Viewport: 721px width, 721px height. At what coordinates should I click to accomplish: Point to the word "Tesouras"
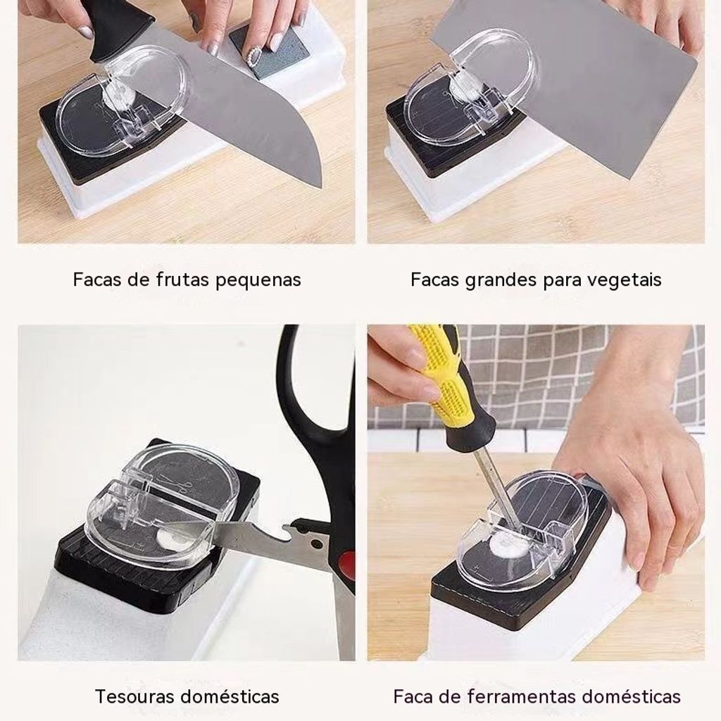136,696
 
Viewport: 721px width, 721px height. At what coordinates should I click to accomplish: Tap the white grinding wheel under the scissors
173,539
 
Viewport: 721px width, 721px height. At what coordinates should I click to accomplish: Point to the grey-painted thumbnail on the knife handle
86,32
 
